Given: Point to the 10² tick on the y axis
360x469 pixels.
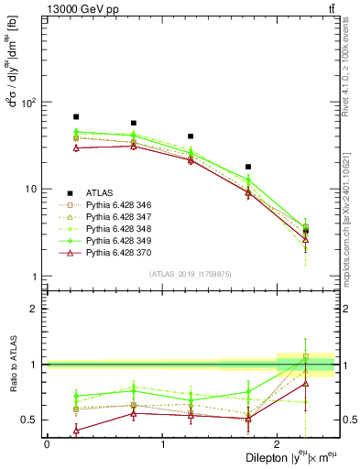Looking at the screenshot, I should pyautogui.click(x=33, y=103).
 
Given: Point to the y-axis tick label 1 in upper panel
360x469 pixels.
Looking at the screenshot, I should pyautogui.click(x=37, y=277).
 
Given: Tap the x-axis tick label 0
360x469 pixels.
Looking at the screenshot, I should pyautogui.click(x=47, y=443).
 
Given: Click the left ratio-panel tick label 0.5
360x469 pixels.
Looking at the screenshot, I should pyautogui.click(x=33, y=420).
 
